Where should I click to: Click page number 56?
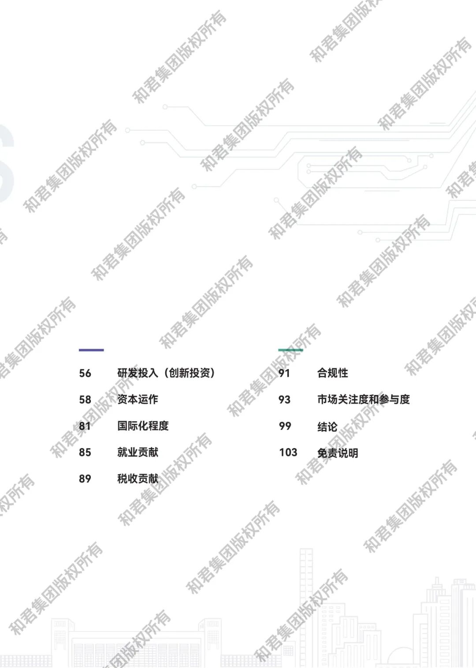tap(85, 373)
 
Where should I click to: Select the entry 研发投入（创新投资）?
tap(166, 373)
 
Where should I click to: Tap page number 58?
tap(85, 400)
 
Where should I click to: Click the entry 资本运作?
tap(138, 400)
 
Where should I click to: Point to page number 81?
tap(85, 426)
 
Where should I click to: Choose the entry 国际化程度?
tap(143, 426)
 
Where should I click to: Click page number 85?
tap(85, 453)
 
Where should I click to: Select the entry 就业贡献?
tap(138, 453)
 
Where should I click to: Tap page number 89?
tap(85, 479)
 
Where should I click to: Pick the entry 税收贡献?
tap(138, 479)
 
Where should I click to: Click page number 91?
tap(284, 373)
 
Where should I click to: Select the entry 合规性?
tap(332, 373)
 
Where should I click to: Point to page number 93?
tap(284, 400)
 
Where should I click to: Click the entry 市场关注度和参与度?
tap(363, 400)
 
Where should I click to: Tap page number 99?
tap(285, 426)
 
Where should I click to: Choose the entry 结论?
tap(327, 427)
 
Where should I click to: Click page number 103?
tap(288, 453)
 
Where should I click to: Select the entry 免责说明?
tap(338, 453)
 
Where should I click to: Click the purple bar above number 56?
tap(91, 350)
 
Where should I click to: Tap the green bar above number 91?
tap(290, 350)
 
